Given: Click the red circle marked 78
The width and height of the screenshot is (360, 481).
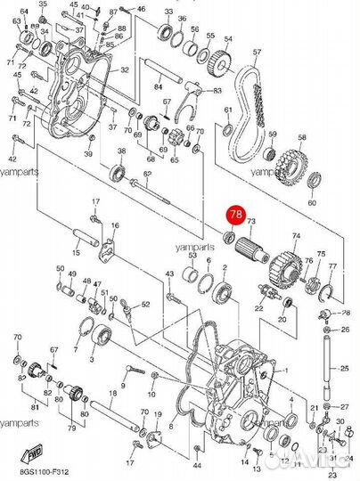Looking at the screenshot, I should click(x=236, y=215).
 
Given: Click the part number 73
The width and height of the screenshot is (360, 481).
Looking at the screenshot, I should click(x=251, y=221).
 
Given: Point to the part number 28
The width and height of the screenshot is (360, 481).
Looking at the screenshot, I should click(x=347, y=313).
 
